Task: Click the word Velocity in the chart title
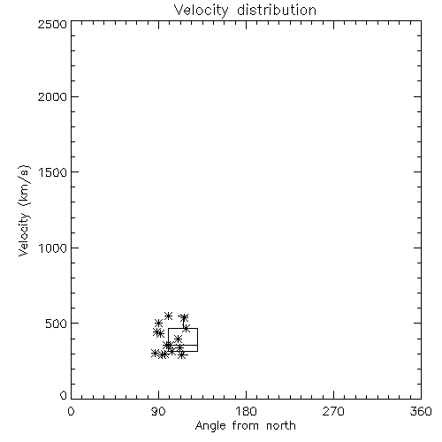(x=201, y=11)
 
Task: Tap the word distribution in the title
(x=277, y=10)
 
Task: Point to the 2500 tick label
(x=52, y=24)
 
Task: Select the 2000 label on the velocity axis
(x=52, y=97)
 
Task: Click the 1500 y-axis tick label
(x=53, y=172)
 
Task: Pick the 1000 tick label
(x=53, y=248)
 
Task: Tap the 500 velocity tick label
(x=57, y=324)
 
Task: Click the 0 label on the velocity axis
(x=64, y=395)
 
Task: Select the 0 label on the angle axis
(x=71, y=411)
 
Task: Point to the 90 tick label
(x=158, y=411)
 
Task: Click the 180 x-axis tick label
(x=246, y=411)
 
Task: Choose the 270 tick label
(x=333, y=411)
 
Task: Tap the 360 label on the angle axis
(x=421, y=411)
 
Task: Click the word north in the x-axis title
(x=281, y=426)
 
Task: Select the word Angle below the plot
(x=210, y=427)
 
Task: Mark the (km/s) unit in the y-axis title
(x=24, y=185)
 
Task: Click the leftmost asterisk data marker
(x=155, y=353)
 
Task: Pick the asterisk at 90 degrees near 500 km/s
(x=158, y=324)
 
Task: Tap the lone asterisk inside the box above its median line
(x=178, y=339)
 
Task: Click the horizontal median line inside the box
(x=183, y=345)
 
